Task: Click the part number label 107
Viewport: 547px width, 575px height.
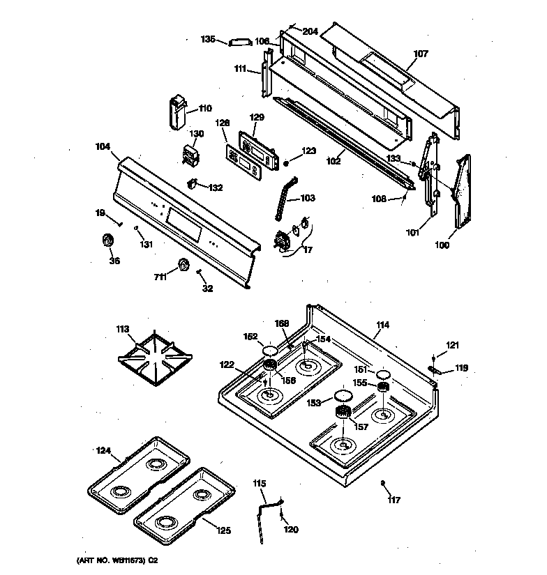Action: point(421,53)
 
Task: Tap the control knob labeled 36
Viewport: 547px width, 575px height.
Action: point(108,240)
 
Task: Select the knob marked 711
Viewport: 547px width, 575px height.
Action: point(184,265)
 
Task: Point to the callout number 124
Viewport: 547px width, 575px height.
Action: point(103,450)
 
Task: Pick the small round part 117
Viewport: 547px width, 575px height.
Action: point(383,483)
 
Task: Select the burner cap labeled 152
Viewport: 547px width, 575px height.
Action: point(271,349)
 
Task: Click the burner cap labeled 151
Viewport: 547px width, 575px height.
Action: point(382,375)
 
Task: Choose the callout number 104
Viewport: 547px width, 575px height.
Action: point(103,147)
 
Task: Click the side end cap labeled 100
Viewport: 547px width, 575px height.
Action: point(460,192)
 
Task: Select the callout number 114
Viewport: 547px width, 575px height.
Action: point(383,325)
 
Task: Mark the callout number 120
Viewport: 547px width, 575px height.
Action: point(290,530)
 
